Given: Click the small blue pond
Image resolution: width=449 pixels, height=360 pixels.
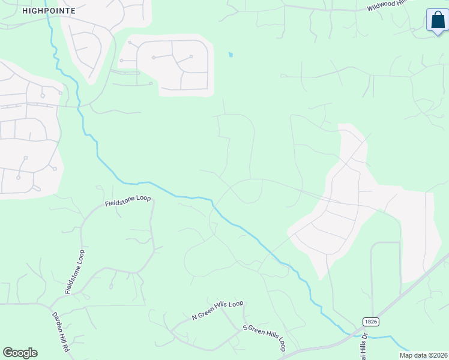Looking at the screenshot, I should pyautogui.click(x=231, y=55).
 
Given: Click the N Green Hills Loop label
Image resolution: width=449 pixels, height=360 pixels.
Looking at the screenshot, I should pyautogui.click(x=217, y=310).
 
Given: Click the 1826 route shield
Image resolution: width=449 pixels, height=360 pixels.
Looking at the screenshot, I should pyautogui.click(x=370, y=322).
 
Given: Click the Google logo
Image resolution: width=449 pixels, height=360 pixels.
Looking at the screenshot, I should pyautogui.click(x=20, y=353).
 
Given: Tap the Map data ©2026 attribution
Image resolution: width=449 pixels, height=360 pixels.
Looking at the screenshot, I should pyautogui.click(x=423, y=355).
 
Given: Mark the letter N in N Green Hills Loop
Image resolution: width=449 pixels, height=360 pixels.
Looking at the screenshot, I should pyautogui.click(x=194, y=316).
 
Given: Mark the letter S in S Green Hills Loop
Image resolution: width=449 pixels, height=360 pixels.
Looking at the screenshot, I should pyautogui.click(x=245, y=328).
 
